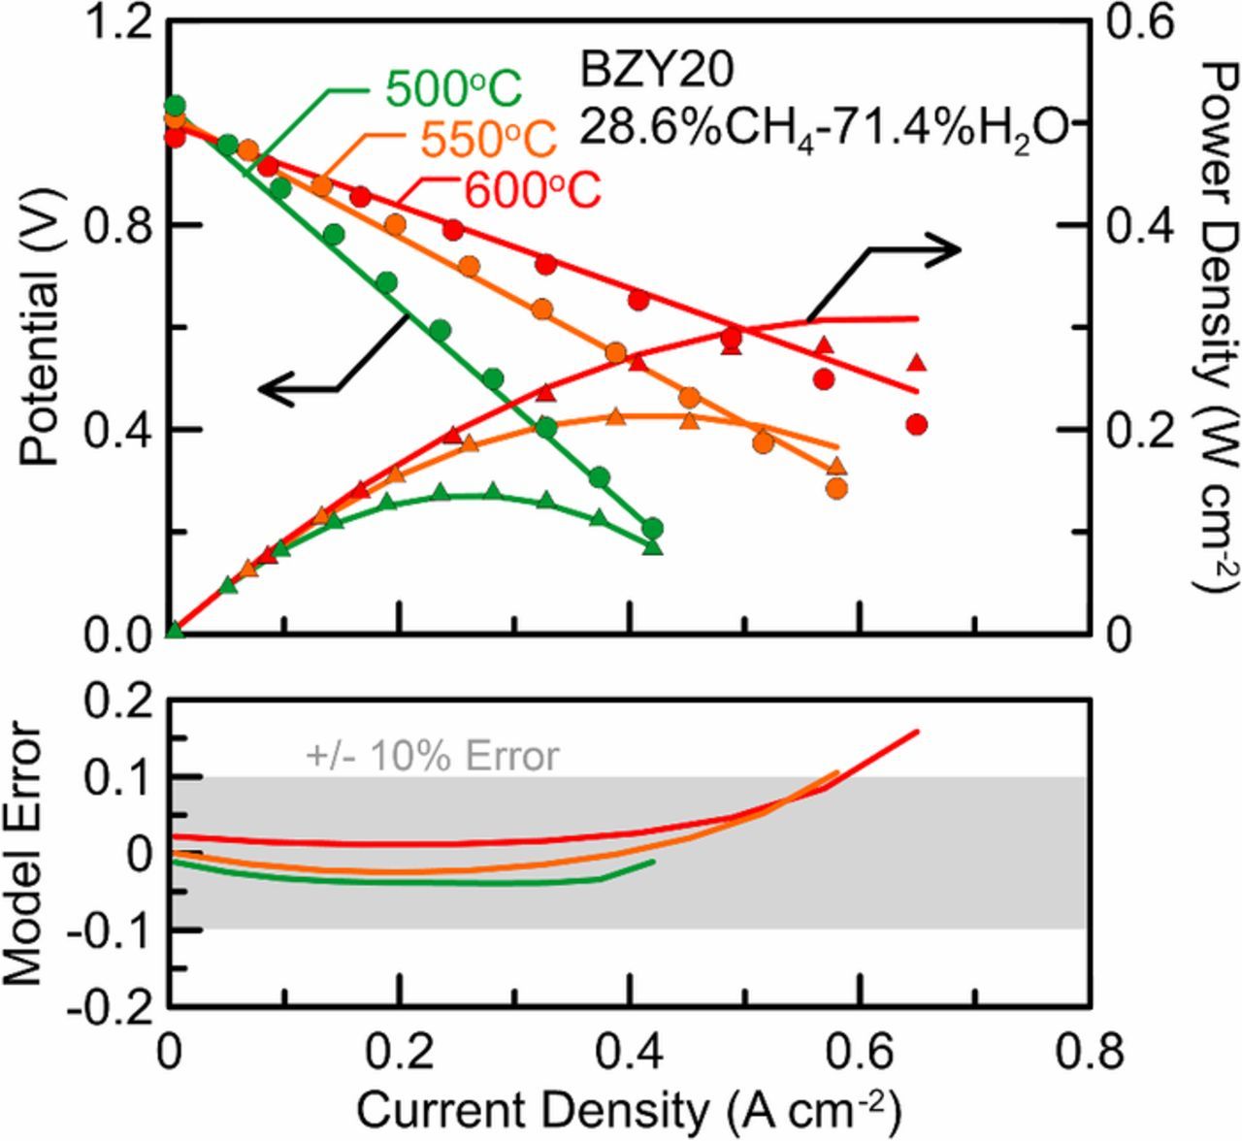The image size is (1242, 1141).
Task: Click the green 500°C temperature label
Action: [x=454, y=90]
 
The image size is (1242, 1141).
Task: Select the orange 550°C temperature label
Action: [x=489, y=140]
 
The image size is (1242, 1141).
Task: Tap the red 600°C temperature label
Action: [x=532, y=190]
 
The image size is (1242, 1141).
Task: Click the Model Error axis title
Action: [x=23, y=854]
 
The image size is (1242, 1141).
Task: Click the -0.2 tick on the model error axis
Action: [x=109, y=1007]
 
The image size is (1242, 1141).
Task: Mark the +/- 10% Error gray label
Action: [x=433, y=756]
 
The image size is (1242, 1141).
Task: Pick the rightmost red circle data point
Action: [x=917, y=424]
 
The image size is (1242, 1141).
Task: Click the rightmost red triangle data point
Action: [x=917, y=363]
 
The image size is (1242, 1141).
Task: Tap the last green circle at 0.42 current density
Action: [x=653, y=528]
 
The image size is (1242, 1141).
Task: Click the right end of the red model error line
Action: [x=917, y=732]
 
